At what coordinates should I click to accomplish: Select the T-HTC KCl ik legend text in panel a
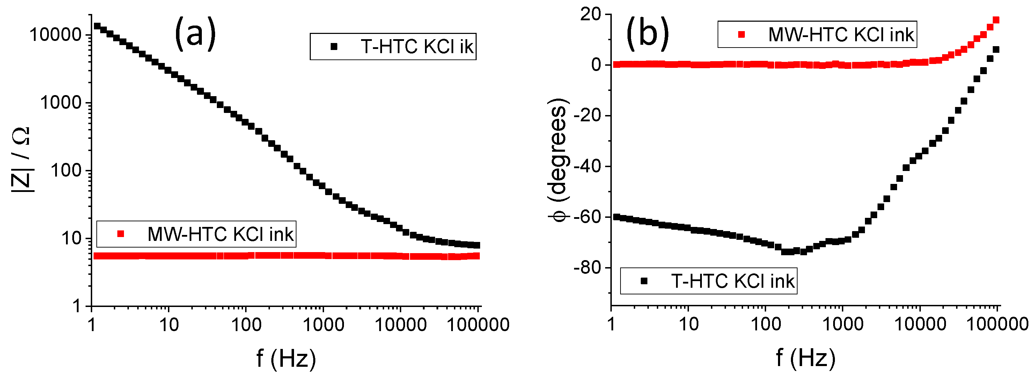[x=417, y=47]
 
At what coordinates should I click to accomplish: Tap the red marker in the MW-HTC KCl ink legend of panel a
[x=120, y=234]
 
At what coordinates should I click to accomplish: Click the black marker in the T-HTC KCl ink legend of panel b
[x=644, y=281]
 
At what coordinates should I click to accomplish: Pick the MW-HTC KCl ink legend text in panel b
[x=841, y=35]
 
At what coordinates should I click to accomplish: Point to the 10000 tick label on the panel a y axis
[x=56, y=35]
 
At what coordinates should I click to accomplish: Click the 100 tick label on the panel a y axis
[x=66, y=171]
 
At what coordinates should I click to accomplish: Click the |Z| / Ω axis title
[x=21, y=160]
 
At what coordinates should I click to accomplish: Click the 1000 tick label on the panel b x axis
[x=843, y=324]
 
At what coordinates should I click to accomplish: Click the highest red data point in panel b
[x=996, y=20]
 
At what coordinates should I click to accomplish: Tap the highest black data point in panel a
[x=97, y=26]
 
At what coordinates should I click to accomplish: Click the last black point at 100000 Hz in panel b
[x=996, y=50]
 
